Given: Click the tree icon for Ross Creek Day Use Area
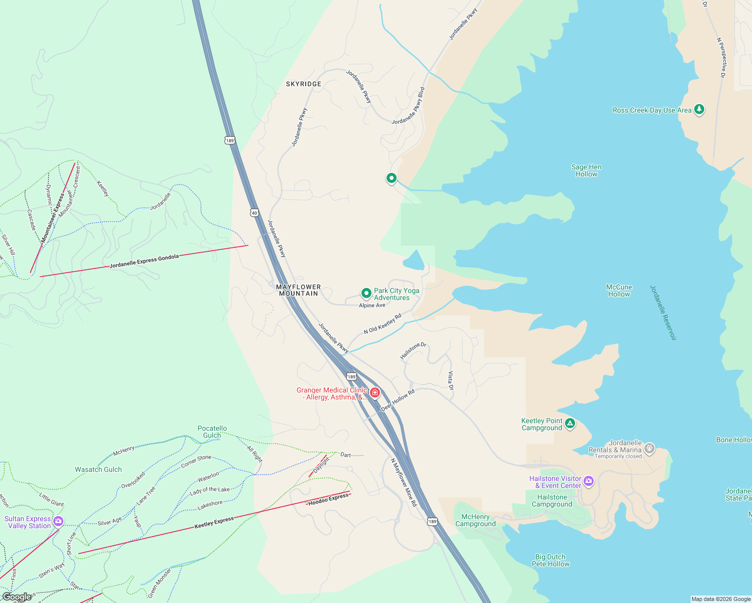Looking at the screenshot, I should (699, 110).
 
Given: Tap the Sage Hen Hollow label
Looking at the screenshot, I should (586, 171).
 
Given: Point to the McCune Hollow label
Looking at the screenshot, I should (619, 291).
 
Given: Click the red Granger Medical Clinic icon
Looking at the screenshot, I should (374, 392).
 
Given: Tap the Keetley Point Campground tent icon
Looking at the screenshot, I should (570, 424).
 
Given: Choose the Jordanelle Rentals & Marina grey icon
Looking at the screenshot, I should (649, 448).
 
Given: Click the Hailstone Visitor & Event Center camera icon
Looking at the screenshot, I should (589, 481).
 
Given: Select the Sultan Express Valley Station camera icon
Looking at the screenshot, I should (58, 522).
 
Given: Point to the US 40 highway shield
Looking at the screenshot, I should (254, 213).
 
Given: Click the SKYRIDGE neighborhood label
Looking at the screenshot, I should (304, 84).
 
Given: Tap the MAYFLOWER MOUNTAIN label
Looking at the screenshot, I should (299, 290).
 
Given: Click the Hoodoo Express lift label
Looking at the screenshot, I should (328, 499).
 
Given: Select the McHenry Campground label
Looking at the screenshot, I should (476, 521).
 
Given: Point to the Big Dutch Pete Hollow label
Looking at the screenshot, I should (550, 560).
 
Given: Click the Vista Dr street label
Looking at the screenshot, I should (451, 381).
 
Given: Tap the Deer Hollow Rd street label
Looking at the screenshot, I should (398, 400).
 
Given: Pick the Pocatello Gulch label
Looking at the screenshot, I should (212, 432).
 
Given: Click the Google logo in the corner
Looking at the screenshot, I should (17, 597).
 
